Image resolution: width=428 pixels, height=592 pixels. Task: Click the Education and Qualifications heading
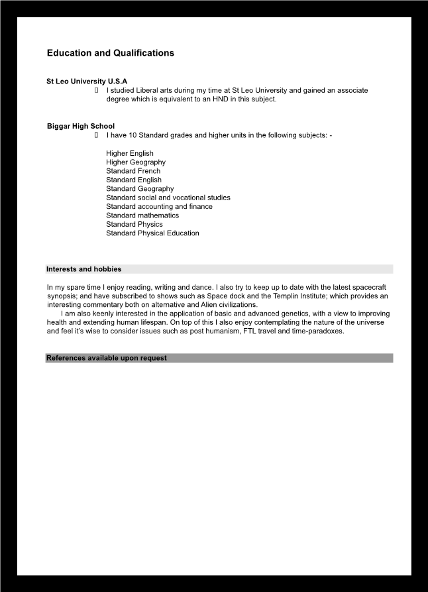pos(110,53)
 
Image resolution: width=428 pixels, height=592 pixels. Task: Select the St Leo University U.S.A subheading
pos(87,82)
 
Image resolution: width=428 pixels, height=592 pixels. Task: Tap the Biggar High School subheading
pos(81,126)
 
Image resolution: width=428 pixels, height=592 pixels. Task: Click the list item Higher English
pos(130,153)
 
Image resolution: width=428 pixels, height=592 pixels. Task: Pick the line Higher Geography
pos(136,162)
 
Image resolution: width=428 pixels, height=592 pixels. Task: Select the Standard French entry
pos(133,171)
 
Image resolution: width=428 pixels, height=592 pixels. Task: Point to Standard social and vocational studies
pos(168,198)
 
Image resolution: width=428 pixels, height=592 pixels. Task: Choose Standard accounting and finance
pos(159,206)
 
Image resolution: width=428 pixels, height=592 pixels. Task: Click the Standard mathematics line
pos(142,215)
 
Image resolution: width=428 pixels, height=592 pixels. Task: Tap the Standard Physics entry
pos(134,224)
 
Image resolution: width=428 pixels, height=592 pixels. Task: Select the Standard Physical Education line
pos(152,233)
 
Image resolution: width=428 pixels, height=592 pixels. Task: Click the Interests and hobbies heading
pos(83,269)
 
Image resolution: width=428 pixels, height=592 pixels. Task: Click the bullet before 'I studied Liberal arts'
pos(97,90)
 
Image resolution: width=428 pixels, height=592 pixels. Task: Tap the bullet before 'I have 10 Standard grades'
pos(97,135)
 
